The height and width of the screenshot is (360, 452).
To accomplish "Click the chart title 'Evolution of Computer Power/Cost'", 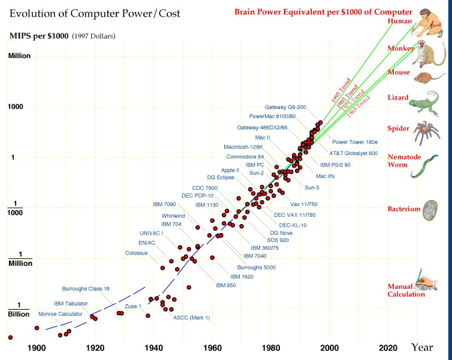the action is pyautogui.click(x=95, y=14).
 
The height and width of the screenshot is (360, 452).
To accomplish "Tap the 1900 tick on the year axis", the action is pyautogui.click(x=37, y=348).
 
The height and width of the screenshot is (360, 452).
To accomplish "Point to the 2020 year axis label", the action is pyautogui.click(x=388, y=348).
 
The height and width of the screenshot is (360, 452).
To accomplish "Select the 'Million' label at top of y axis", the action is pyautogui.click(x=19, y=56).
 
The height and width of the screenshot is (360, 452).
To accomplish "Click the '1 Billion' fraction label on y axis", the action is pyautogui.click(x=19, y=310).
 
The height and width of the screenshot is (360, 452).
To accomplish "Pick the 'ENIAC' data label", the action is pyautogui.click(x=147, y=243).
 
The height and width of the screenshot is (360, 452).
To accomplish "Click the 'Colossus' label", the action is pyautogui.click(x=136, y=253).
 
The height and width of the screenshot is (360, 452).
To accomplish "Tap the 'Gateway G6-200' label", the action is pyautogui.click(x=285, y=107).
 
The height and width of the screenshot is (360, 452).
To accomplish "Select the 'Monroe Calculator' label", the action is pyautogui.click(x=61, y=314).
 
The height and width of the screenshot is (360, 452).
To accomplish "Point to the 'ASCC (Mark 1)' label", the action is pyautogui.click(x=192, y=317).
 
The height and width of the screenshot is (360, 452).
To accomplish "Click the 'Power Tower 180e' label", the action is pyautogui.click(x=355, y=142).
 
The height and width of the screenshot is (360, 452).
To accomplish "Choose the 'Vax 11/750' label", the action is pyautogui.click(x=304, y=204).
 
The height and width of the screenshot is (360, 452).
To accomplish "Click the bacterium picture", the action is pyautogui.click(x=430, y=210).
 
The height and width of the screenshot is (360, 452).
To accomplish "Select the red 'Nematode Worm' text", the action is pyautogui.click(x=404, y=161).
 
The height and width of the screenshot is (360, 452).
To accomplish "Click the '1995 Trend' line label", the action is pyautogui.click(x=340, y=90).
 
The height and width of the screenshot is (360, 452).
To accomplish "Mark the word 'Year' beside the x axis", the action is pyautogui.click(x=422, y=347).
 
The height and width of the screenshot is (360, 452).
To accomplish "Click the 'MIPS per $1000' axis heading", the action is pyautogui.click(x=39, y=36).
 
